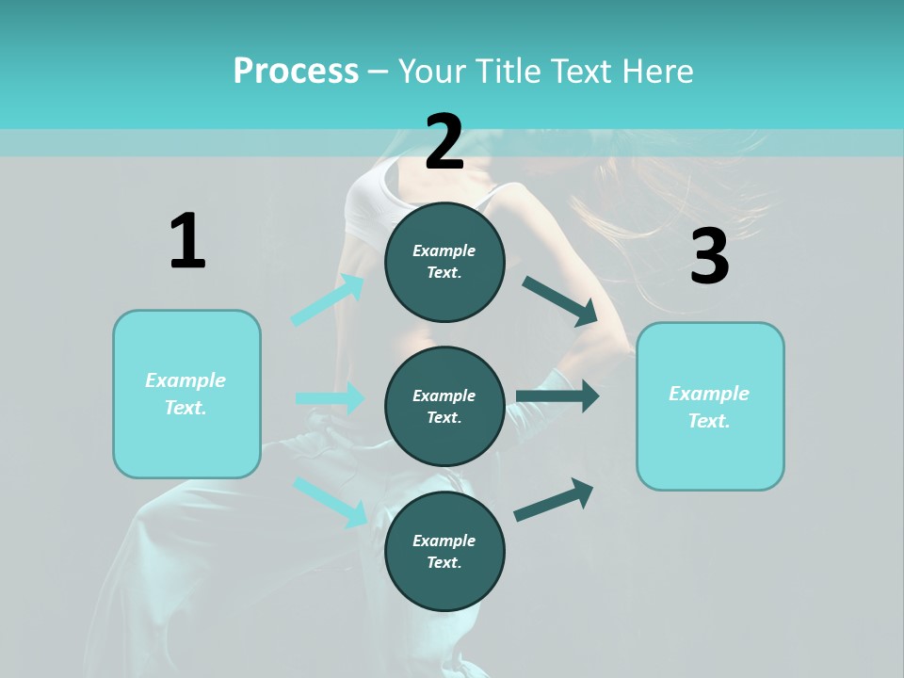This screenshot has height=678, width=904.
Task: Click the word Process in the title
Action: [296, 72]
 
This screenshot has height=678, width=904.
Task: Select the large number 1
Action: [187, 242]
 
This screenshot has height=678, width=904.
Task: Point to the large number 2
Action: [444, 142]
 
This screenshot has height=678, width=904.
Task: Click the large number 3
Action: [709, 257]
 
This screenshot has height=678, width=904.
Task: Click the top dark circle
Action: [444, 262]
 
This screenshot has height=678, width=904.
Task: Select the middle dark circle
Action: [444, 407]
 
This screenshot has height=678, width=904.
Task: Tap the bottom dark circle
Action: [444, 552]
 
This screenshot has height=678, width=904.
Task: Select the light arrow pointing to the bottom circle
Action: [331, 501]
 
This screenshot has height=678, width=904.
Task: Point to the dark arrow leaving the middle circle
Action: [557, 396]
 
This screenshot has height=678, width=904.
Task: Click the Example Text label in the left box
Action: [186, 394]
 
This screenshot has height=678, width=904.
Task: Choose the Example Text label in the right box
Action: [709, 407]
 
